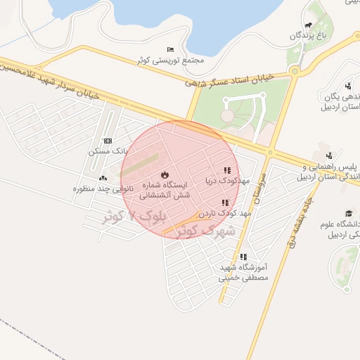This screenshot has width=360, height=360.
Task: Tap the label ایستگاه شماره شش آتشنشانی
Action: [165, 190]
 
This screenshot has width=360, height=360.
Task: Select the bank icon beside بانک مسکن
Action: [107, 141]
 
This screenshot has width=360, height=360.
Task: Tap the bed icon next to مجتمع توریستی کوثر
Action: [171, 49]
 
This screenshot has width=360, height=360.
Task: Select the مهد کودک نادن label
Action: [224, 212]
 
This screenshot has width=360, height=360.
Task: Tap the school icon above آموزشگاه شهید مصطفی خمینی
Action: [244, 257]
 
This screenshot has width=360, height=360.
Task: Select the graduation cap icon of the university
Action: [348, 213]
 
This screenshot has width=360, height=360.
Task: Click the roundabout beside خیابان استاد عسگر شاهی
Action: [294, 70]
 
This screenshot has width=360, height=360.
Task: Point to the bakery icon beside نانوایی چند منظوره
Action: [104, 179]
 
